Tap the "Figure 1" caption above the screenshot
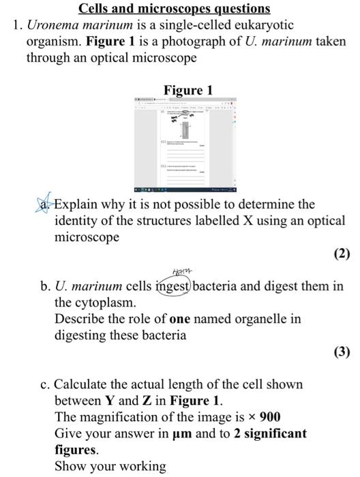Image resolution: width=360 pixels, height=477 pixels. [188, 90]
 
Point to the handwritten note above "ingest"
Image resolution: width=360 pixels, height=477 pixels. [166, 271]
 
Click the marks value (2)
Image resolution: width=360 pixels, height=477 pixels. [342, 254]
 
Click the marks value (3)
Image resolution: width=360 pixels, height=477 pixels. [342, 352]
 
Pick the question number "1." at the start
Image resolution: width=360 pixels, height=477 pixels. [18, 25]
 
